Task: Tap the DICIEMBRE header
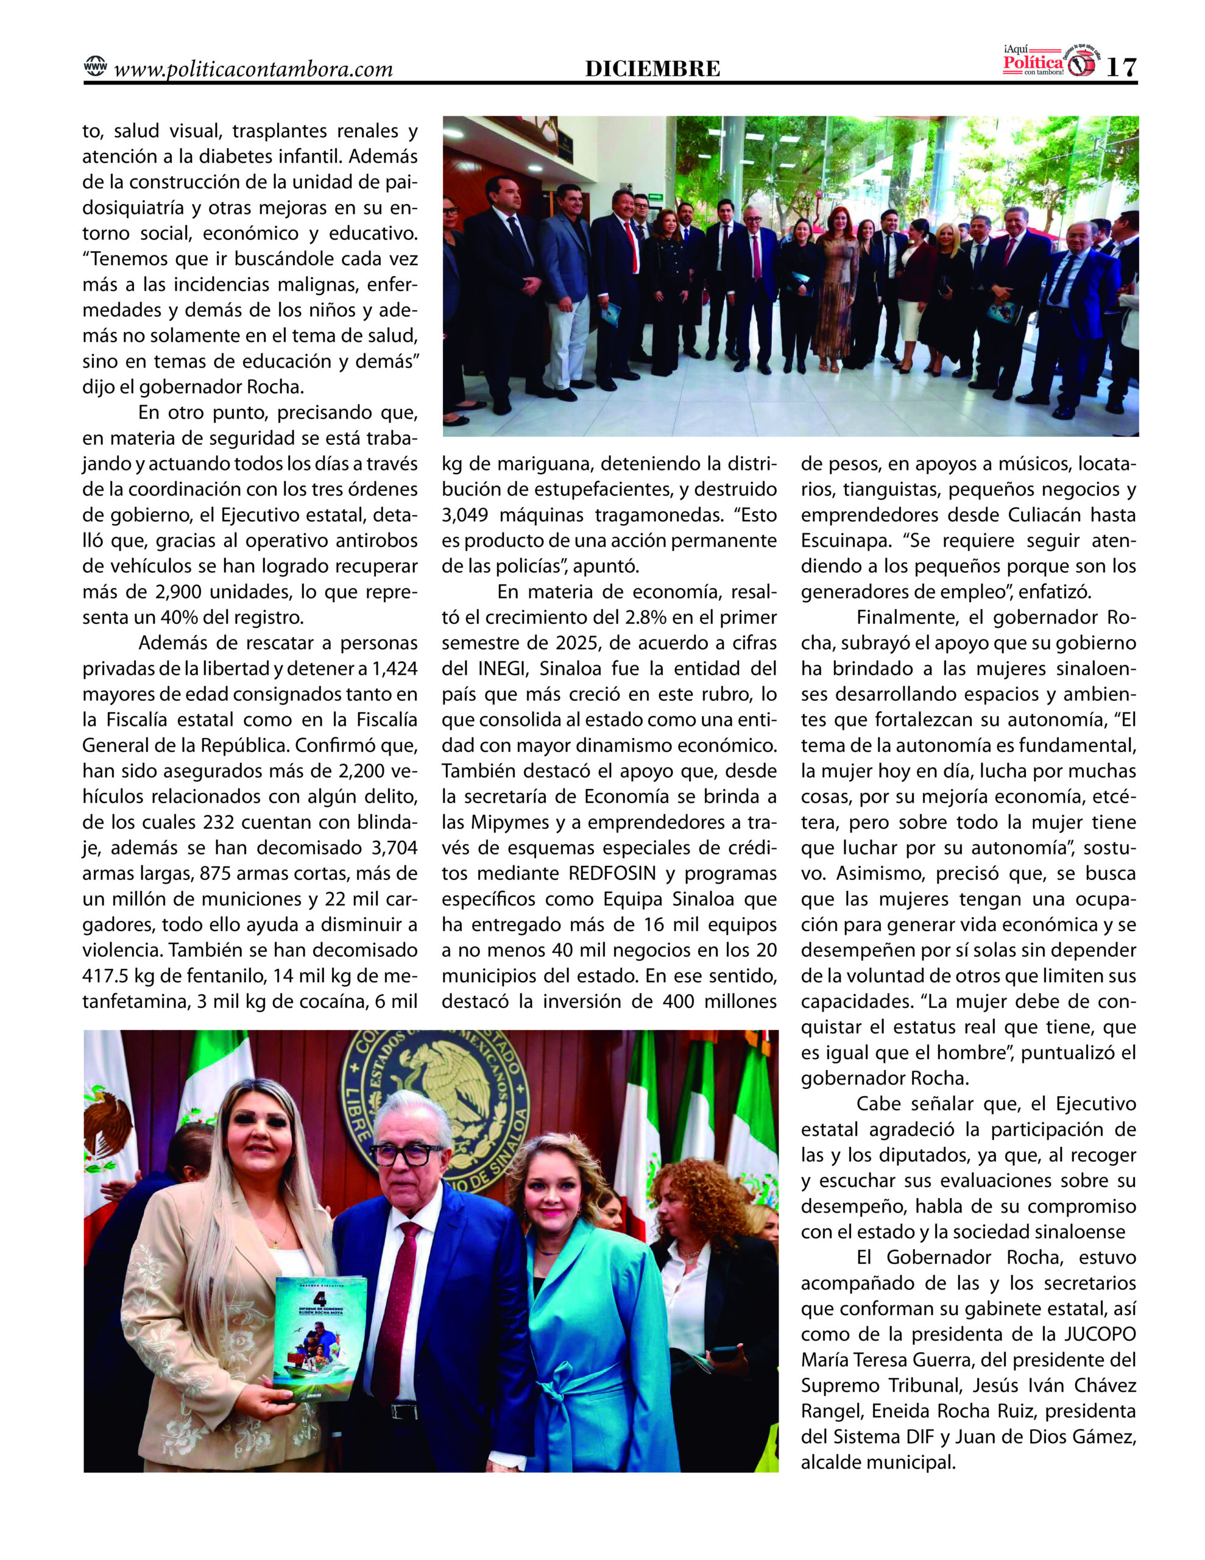[652, 69]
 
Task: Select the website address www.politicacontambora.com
[253, 69]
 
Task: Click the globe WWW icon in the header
[95, 66]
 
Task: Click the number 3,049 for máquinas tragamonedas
[465, 515]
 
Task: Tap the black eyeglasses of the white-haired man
[405, 1153]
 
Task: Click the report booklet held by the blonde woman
[319, 1339]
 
